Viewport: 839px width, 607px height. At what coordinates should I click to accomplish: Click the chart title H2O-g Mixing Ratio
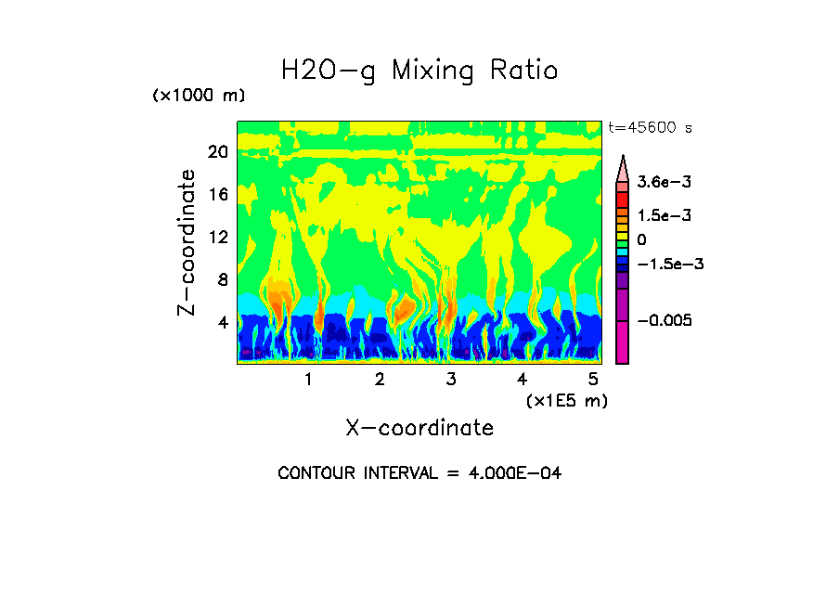point(419,71)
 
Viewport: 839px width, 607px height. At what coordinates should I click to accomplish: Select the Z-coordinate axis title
point(187,242)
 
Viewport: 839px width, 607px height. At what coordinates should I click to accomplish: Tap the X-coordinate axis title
point(419,428)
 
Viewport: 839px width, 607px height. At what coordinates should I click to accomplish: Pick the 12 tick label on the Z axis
point(217,237)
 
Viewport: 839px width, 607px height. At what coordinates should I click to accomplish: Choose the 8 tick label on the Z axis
point(222,279)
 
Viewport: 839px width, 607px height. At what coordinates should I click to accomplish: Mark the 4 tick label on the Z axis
point(222,322)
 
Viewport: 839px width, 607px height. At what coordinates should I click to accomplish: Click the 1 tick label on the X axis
point(309,380)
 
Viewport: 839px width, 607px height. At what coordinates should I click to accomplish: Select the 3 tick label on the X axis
point(451,380)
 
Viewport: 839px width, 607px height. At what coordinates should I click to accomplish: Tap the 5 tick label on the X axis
point(593,380)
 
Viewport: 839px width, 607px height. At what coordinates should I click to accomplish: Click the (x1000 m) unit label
point(199,96)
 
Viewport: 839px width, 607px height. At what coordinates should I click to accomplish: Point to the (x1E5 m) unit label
point(566,400)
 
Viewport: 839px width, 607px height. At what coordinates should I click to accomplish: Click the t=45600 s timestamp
point(650,127)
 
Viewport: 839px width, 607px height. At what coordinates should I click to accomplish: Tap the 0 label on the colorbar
point(642,239)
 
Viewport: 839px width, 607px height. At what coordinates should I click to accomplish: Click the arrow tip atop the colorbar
point(623,159)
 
